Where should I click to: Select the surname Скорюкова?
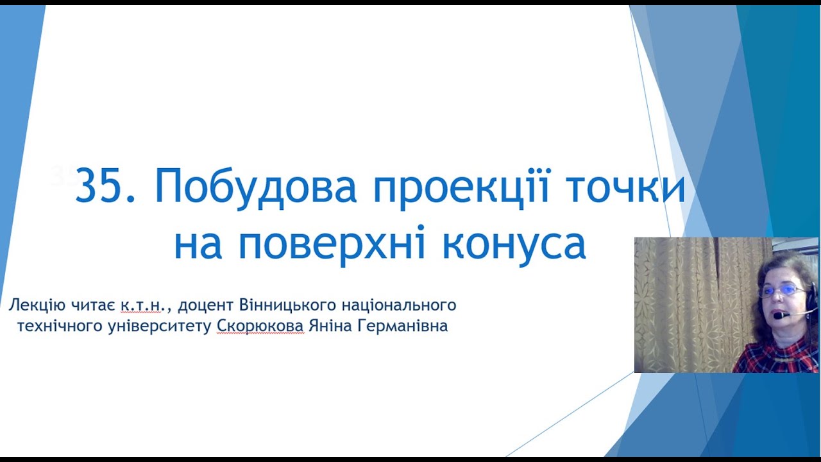pos(260,326)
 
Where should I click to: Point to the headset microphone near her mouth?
pos(779,316)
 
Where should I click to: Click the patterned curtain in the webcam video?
pos(686,302)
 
